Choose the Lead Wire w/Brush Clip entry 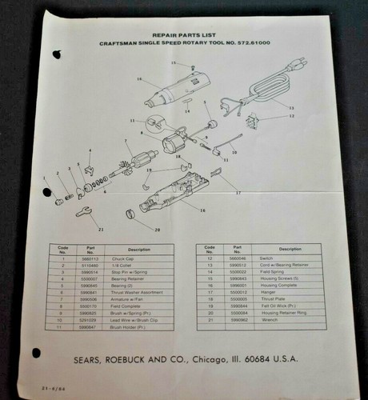pyautogui.click(x=129, y=319)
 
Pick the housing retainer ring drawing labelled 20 pyautogui.click(x=130, y=213)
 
